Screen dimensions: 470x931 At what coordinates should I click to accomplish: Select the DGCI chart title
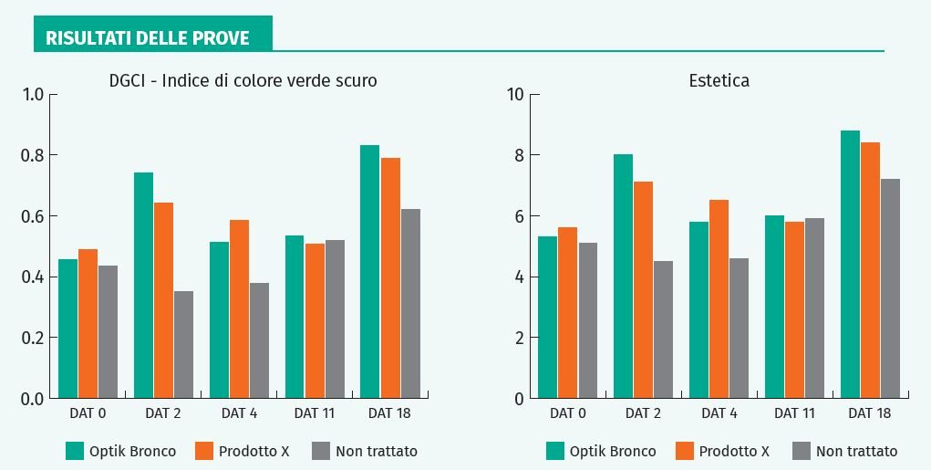(242, 81)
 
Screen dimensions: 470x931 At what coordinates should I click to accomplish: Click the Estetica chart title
(719, 81)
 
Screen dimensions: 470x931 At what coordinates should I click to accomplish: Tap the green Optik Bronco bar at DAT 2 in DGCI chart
(143, 285)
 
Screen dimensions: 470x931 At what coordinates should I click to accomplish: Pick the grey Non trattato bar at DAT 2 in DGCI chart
(183, 344)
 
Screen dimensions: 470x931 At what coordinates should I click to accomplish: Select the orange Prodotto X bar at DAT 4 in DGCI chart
(239, 308)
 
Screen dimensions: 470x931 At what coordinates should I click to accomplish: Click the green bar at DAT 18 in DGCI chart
(369, 271)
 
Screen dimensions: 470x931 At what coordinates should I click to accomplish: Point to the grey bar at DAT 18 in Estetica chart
(890, 288)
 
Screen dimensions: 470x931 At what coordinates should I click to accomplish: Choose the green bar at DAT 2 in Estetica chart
(623, 276)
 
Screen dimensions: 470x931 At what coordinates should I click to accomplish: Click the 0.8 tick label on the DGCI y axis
(33, 155)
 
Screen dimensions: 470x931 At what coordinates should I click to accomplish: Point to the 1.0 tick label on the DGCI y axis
(33, 94)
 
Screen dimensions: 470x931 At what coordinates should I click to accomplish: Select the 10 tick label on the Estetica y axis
(514, 94)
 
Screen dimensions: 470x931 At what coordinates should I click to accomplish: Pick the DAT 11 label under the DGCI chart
(314, 413)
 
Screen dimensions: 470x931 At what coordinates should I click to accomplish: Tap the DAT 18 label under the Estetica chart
(870, 413)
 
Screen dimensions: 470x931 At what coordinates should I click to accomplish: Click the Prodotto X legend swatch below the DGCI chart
(204, 450)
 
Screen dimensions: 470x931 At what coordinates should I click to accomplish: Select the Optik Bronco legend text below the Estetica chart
(613, 451)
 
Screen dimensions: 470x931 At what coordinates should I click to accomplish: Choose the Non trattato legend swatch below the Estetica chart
(802, 450)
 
